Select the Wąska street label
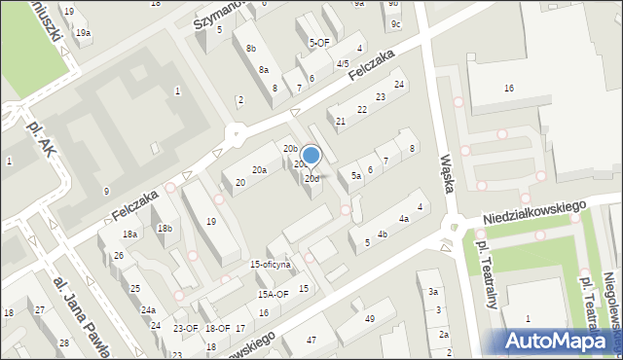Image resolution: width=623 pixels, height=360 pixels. click(x=448, y=172)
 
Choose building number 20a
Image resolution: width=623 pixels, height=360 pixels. click(x=259, y=170)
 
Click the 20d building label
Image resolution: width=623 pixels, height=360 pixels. click(x=311, y=179)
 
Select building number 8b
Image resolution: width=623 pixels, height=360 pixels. click(x=251, y=48)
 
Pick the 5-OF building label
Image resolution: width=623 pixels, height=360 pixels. click(x=319, y=43)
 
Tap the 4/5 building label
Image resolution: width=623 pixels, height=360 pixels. click(x=342, y=64)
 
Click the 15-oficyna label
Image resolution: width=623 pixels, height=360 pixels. click(x=271, y=265)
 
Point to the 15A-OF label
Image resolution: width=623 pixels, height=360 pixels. click(x=273, y=294)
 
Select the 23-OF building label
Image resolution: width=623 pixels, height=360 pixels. click(x=185, y=329)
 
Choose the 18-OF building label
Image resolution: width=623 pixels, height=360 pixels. click(x=218, y=329)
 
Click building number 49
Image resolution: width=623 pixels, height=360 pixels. click(x=370, y=319)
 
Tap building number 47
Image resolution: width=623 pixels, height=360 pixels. click(x=311, y=340)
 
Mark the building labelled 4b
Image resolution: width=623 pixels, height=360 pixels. click(x=383, y=234)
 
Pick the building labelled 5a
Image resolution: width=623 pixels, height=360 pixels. click(x=356, y=176)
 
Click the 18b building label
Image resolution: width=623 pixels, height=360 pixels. click(x=165, y=229)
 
